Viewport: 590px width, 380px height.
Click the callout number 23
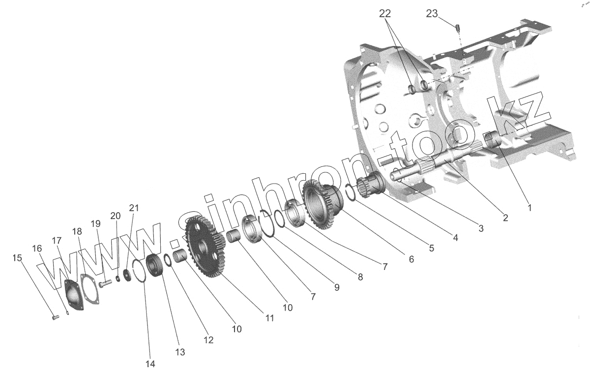click(431, 14)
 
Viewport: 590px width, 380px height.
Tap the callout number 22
click(387, 14)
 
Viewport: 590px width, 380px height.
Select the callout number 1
click(530, 208)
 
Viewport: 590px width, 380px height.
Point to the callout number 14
click(150, 364)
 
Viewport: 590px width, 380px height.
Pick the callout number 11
click(269, 318)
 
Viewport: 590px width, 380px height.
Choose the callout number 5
click(431, 249)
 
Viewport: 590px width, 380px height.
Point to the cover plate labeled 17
click(74, 294)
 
